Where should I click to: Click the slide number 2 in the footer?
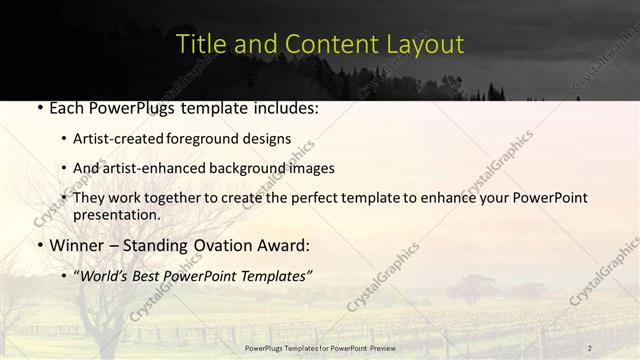(590, 347)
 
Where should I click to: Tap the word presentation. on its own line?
(116, 215)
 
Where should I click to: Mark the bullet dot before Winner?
(37, 246)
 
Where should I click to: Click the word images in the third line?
(313, 168)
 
